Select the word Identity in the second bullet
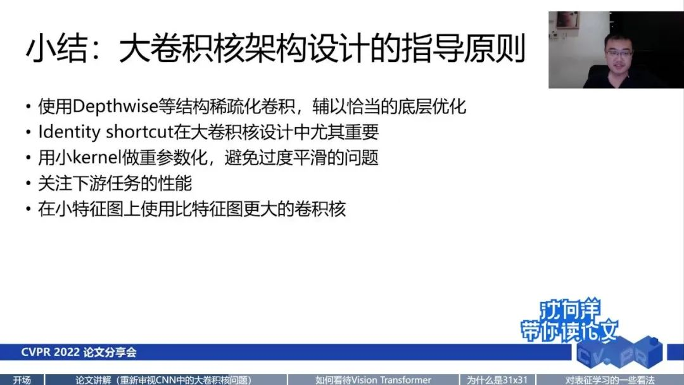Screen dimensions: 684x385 [70, 132]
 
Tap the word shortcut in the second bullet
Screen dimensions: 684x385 [139, 132]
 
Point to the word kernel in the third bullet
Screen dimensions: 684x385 [96, 158]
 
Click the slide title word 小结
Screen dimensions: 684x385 [57, 49]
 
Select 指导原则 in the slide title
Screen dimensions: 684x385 [463, 49]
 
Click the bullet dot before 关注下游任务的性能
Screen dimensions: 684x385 [28, 184]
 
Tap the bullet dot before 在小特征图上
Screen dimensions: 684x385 [28, 210]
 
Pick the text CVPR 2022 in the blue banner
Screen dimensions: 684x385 [51, 352]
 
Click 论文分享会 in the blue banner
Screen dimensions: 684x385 [110, 352]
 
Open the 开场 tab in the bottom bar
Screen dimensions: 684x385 [22, 380]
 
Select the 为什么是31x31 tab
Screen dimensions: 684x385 [497, 380]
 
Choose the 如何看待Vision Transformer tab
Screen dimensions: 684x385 [374, 380]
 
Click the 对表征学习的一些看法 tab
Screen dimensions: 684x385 [611, 380]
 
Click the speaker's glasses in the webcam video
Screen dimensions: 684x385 [619, 53]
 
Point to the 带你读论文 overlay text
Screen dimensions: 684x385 [569, 331]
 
